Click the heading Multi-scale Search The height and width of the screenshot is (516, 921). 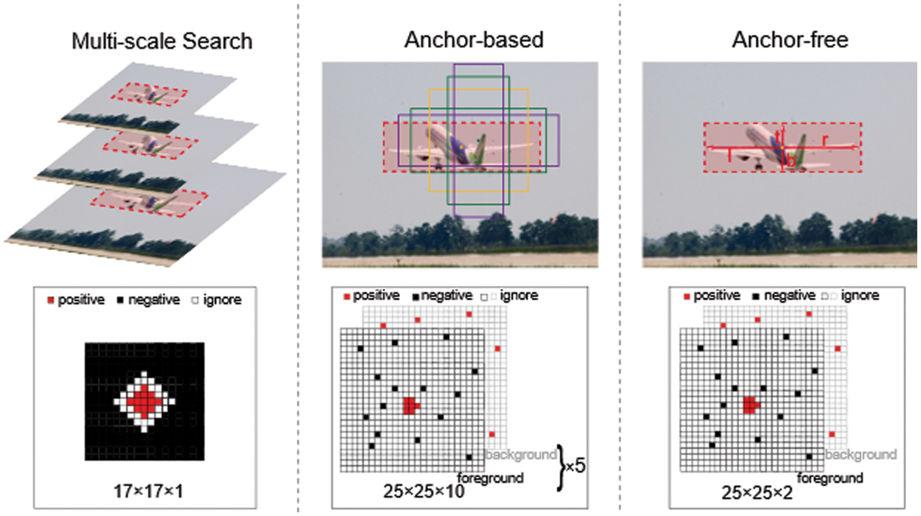click(x=161, y=41)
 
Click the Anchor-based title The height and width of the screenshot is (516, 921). click(x=474, y=40)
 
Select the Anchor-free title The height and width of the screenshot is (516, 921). click(x=789, y=40)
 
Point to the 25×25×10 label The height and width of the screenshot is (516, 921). click(x=424, y=491)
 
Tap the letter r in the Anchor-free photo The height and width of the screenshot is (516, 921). click(x=825, y=138)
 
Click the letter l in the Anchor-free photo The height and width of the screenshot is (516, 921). click(x=729, y=155)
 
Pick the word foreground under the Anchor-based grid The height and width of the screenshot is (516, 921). click(x=491, y=478)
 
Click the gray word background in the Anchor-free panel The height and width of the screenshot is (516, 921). click(x=863, y=455)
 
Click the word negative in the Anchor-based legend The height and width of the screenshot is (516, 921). click(x=447, y=296)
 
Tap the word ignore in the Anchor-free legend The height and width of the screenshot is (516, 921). click(x=860, y=296)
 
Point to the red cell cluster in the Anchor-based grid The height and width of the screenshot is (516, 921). click(x=410, y=405)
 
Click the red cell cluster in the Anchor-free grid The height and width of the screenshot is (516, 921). click(x=750, y=405)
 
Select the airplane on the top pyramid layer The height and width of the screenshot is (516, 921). click(x=152, y=94)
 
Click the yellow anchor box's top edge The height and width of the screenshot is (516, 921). click(x=479, y=89)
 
